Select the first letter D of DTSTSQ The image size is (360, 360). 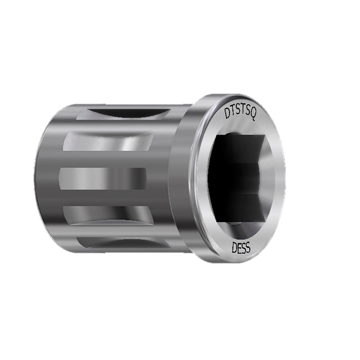pos(226,114)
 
